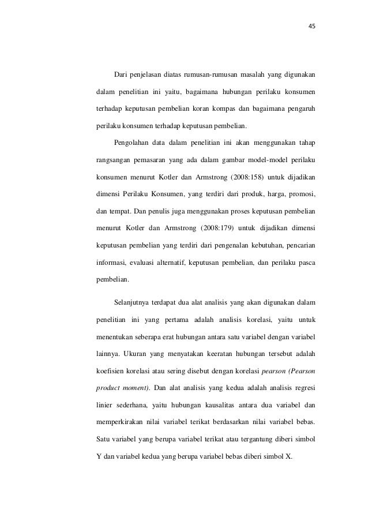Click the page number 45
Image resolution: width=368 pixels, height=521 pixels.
312,26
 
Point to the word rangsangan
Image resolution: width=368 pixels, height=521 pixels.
113,159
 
